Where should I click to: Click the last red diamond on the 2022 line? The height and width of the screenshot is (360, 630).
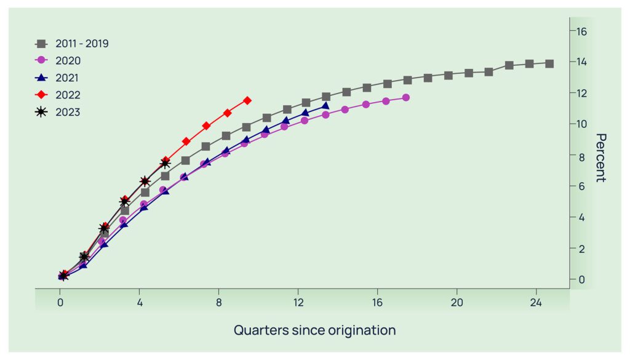tap(247, 100)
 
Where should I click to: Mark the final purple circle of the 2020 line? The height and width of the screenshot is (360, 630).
tap(406, 98)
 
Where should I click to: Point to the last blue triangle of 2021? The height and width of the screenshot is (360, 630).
tap(325, 106)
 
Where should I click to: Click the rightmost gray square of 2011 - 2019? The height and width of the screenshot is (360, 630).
tap(549, 64)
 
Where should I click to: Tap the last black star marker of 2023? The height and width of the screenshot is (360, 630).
tap(165, 163)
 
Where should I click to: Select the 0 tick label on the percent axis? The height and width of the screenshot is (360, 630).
tap(581, 279)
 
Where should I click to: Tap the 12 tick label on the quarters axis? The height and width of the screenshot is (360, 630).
tap(298, 303)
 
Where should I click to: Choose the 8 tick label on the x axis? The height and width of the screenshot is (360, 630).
tap(219, 303)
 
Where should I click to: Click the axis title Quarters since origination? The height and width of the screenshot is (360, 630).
tap(314, 330)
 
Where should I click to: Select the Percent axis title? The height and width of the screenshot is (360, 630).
tap(601, 158)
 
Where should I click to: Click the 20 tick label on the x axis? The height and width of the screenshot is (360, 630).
tap(457, 303)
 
